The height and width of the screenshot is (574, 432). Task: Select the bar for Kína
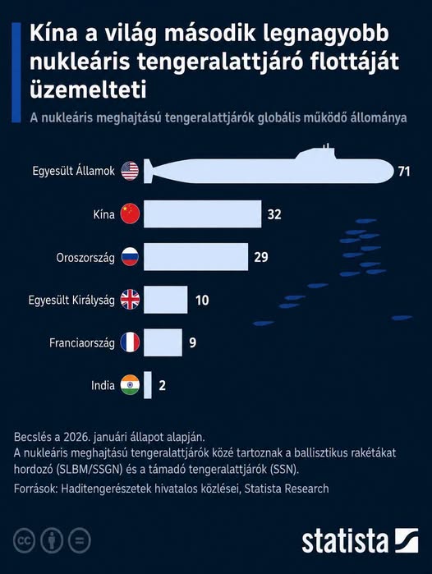click(203, 214)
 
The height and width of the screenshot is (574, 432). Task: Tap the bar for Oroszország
click(195, 256)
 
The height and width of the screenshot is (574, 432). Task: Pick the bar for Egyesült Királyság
click(165, 300)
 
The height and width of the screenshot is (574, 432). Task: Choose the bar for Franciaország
click(163, 342)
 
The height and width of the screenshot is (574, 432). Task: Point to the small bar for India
click(148, 385)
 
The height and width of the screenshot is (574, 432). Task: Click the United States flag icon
click(130, 171)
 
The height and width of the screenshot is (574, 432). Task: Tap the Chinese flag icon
click(130, 214)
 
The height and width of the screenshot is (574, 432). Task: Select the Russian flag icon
click(130, 256)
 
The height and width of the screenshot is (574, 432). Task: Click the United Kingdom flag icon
click(130, 300)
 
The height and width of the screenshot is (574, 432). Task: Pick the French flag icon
click(130, 342)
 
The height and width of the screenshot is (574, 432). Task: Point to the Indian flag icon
click(130, 385)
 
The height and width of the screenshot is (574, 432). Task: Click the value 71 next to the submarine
click(404, 172)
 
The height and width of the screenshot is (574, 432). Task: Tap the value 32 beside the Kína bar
click(274, 214)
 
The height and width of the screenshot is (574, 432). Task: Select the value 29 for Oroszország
click(261, 257)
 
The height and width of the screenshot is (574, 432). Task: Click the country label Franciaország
click(82, 343)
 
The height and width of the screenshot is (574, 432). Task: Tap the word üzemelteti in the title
click(88, 89)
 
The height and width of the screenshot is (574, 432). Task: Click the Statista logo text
click(345, 541)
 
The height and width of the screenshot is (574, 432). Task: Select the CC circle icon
click(24, 540)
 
